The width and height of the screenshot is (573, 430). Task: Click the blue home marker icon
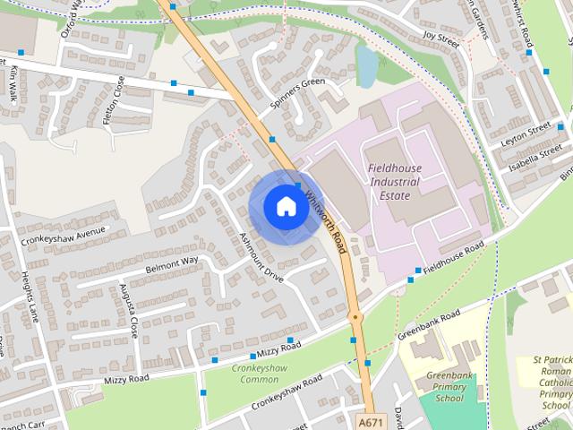[x=286, y=206]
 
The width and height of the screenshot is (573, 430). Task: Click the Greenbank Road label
[x=430, y=322]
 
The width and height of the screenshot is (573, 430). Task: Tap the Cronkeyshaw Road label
[x=286, y=393]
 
